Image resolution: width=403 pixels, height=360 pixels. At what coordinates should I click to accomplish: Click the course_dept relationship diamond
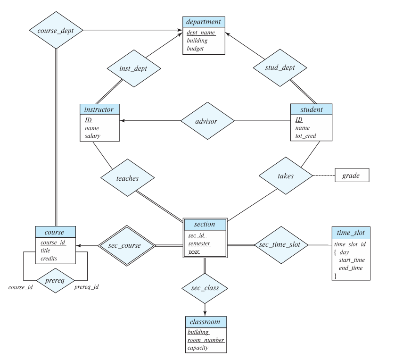tap(56, 31)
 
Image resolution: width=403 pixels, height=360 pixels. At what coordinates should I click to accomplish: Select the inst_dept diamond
tap(134, 68)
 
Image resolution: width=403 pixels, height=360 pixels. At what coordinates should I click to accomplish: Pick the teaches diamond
tap(127, 179)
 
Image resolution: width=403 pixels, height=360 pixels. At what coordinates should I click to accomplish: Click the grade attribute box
tap(351, 176)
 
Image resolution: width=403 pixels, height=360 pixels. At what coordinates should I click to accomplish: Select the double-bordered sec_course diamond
tap(127, 245)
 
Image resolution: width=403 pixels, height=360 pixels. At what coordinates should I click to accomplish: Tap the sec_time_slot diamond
tap(281, 245)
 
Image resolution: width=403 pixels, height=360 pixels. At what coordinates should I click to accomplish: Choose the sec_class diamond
tap(205, 288)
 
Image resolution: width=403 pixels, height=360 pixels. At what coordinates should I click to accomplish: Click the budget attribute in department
tap(195, 49)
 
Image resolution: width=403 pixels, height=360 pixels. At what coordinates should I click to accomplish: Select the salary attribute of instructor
tap(93, 136)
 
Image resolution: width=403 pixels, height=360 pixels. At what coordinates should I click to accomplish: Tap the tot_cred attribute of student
tap(306, 136)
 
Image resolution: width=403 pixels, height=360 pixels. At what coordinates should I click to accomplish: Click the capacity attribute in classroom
tap(198, 348)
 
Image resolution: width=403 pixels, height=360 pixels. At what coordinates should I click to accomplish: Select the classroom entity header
tap(206, 322)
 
